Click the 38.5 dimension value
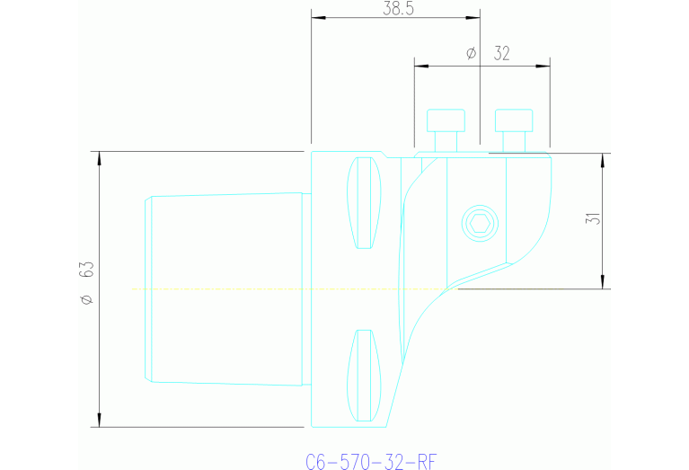pyautogui.click(x=396, y=9)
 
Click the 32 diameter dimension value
pyautogui.click(x=501, y=54)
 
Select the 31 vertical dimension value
pyautogui.click(x=592, y=218)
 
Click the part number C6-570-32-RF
pyautogui.click(x=371, y=462)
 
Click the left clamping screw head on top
pyautogui.click(x=446, y=120)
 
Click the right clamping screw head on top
pyautogui.click(x=514, y=120)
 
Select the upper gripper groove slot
pyautogui.click(x=364, y=203)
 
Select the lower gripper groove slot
pyautogui.click(x=364, y=376)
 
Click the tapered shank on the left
pyautogui.click(x=225, y=288)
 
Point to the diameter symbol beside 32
pyautogui.click(x=472, y=54)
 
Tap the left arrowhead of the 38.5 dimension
pyautogui.click(x=317, y=17)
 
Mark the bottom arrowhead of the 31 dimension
pyautogui.click(x=603, y=282)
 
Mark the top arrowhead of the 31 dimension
pyautogui.click(x=603, y=160)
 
